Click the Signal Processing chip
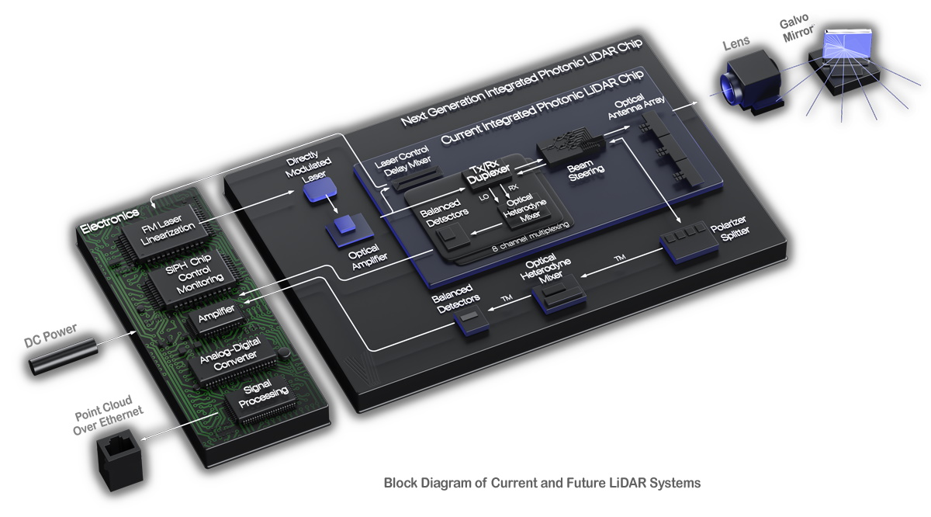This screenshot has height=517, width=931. click(x=255, y=401)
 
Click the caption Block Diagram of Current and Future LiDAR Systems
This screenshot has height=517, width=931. click(x=542, y=483)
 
